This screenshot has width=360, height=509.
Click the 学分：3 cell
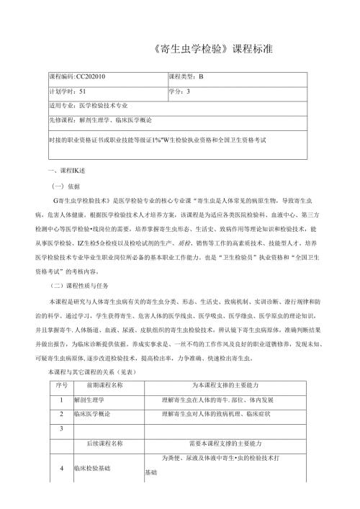179,91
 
